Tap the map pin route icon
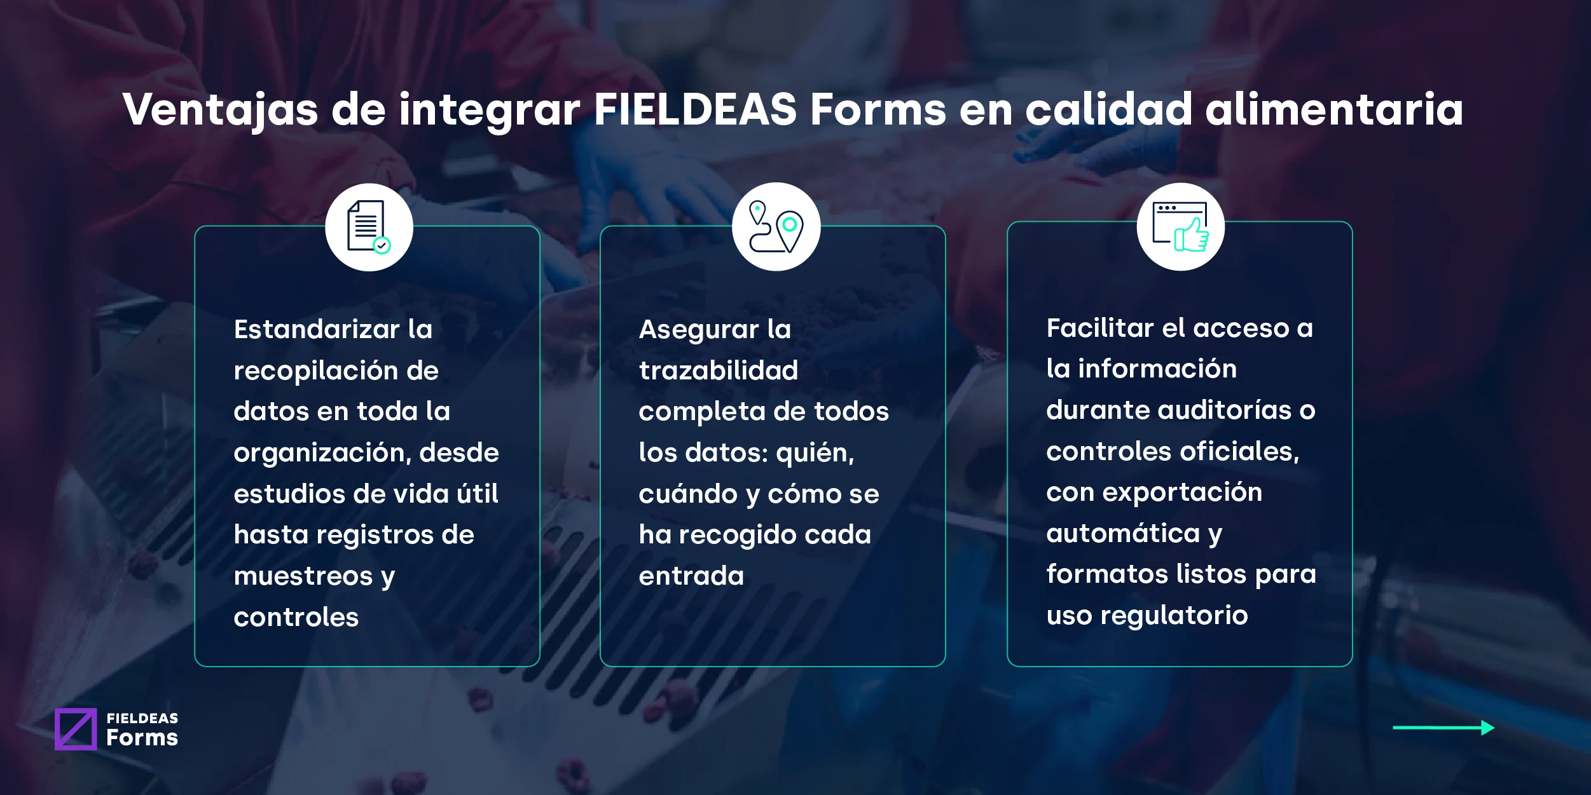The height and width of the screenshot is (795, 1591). [x=776, y=227]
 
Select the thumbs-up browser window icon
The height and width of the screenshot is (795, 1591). [x=1180, y=227]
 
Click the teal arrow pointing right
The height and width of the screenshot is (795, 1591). [x=1443, y=728]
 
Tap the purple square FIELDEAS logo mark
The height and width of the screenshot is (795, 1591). [x=76, y=729]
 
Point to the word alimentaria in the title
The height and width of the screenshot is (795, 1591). [x=1334, y=109]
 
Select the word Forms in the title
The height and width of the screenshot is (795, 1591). [x=878, y=109]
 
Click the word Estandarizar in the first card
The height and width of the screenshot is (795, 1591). [x=317, y=329]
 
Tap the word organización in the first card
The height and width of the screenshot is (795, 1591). [x=322, y=452]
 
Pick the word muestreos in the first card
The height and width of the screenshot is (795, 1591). [x=303, y=576]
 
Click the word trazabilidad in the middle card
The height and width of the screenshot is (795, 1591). [x=718, y=370]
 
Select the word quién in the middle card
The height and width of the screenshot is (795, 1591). [x=815, y=453]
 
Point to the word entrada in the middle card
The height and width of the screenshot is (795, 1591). [x=691, y=576]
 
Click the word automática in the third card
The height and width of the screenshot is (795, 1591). [x=1123, y=533]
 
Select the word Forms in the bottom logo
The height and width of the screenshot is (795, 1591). [x=142, y=738]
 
